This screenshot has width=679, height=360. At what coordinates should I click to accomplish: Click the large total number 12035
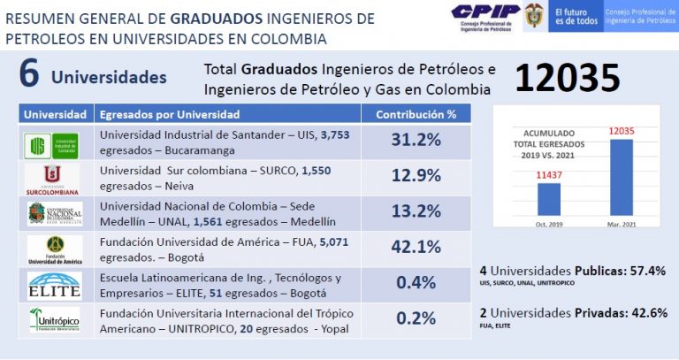coord(567,79)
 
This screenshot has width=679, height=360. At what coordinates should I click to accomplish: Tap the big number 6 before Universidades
coord(28,76)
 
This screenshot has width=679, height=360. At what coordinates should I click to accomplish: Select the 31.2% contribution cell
coord(416,141)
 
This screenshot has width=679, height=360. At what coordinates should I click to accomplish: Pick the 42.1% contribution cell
coord(416,247)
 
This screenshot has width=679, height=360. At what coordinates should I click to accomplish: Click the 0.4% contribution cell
coord(416,282)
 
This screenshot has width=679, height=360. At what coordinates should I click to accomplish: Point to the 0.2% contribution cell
coord(416,318)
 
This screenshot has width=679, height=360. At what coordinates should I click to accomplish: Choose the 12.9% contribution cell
coord(416,176)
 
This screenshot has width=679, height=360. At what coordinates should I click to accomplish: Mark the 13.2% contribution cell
coord(416,211)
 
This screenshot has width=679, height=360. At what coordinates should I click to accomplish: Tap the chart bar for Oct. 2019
coord(548,198)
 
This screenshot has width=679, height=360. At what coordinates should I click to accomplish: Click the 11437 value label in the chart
coord(549,176)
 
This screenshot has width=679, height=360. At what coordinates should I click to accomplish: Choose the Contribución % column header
coord(416,115)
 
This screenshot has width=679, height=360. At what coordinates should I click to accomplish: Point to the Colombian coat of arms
coord(533,17)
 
